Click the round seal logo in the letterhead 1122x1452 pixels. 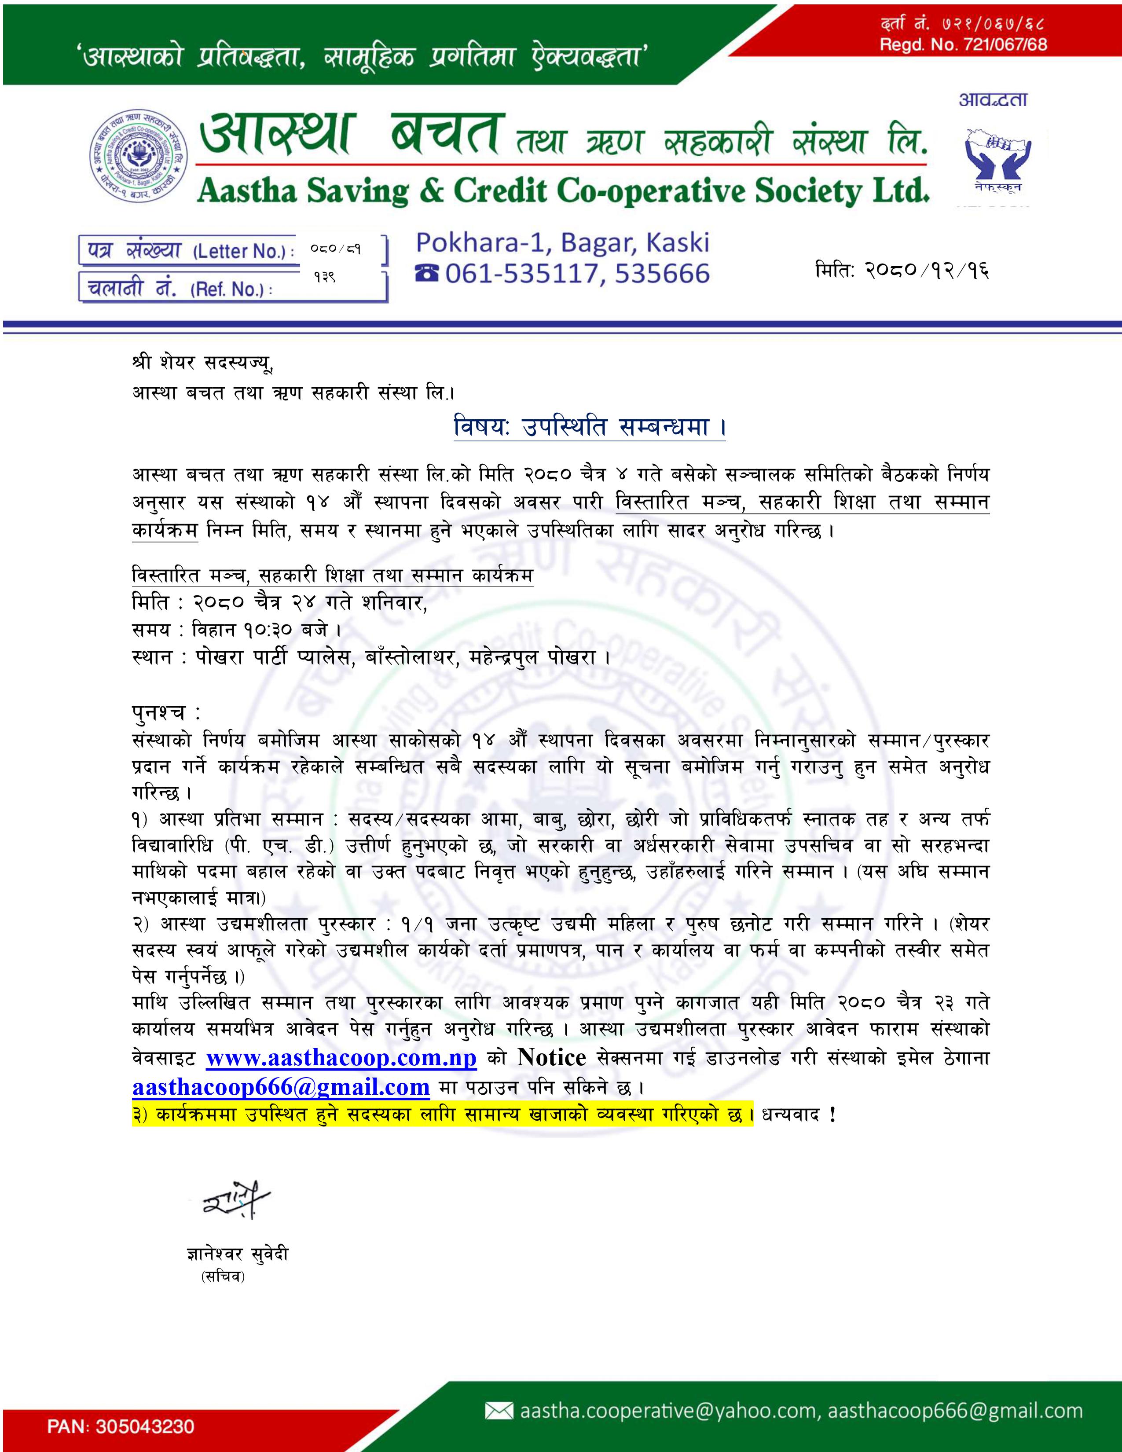pos(139,154)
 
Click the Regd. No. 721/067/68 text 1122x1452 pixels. pos(963,44)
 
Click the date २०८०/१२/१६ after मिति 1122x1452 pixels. pos(927,271)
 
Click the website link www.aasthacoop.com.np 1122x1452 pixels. pos(341,1058)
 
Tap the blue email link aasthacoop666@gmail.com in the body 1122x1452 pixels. pos(281,1087)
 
